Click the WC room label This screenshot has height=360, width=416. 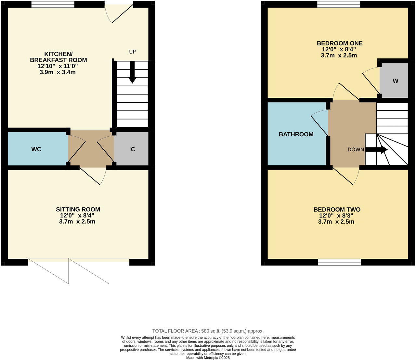pos(36,149)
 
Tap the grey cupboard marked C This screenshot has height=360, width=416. pos(133,149)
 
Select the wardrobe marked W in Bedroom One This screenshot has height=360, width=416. pos(395,81)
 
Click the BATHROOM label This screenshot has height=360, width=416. pos(296,134)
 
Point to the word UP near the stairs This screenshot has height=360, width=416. pos(132,52)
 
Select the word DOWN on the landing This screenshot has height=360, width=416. pos(356,150)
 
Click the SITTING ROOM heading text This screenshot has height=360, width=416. pos(78,209)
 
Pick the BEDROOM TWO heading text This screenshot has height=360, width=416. pos(337,209)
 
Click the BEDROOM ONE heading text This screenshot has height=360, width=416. pos(340,43)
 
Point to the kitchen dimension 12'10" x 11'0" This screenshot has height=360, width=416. pos(58,66)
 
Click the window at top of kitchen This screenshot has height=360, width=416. pos(53,4)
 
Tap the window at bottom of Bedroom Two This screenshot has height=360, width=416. pos(339,262)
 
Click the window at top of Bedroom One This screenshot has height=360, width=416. pos(339,4)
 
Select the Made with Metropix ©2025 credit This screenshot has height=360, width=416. pos(208,358)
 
